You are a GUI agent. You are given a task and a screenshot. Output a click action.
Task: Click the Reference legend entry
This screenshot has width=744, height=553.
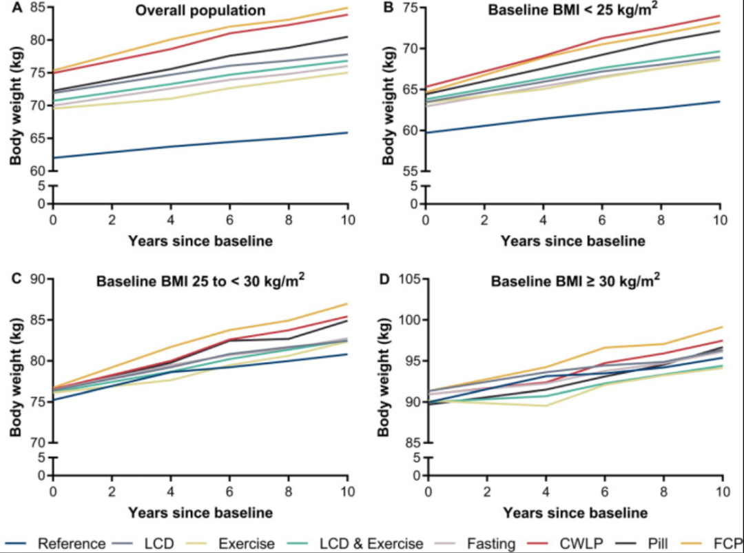pos(58,544)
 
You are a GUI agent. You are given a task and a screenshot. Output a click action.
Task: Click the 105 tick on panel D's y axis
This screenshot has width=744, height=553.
pos(406,279)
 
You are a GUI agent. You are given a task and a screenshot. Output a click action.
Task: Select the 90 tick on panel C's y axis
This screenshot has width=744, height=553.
pos(37,279)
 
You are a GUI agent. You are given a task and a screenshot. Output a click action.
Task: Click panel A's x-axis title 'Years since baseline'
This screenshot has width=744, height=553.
pos(199,241)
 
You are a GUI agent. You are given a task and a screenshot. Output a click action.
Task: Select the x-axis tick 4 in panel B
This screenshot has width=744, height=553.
pos(544,219)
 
